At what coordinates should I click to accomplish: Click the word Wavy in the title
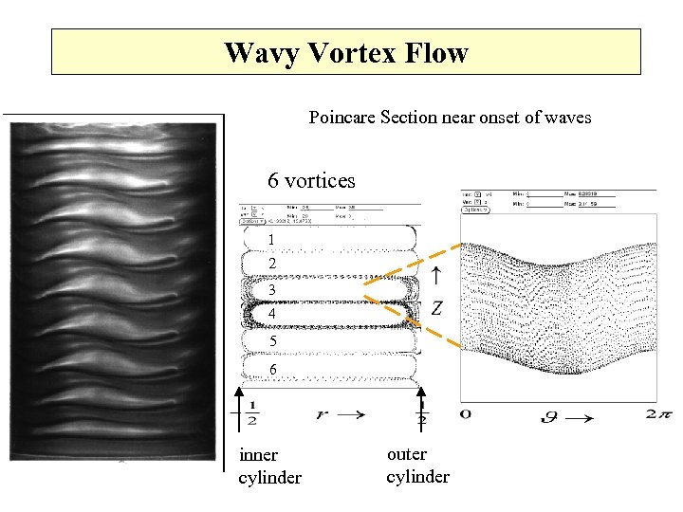click(x=255, y=52)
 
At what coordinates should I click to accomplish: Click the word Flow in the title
click(x=435, y=52)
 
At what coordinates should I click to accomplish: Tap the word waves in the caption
click(x=563, y=118)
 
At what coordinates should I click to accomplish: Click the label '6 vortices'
click(x=311, y=180)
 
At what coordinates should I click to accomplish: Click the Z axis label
click(x=436, y=307)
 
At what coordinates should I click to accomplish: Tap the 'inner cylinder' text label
click(x=269, y=466)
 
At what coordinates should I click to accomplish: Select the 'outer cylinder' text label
click(x=417, y=465)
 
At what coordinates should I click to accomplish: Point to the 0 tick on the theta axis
click(x=466, y=413)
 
